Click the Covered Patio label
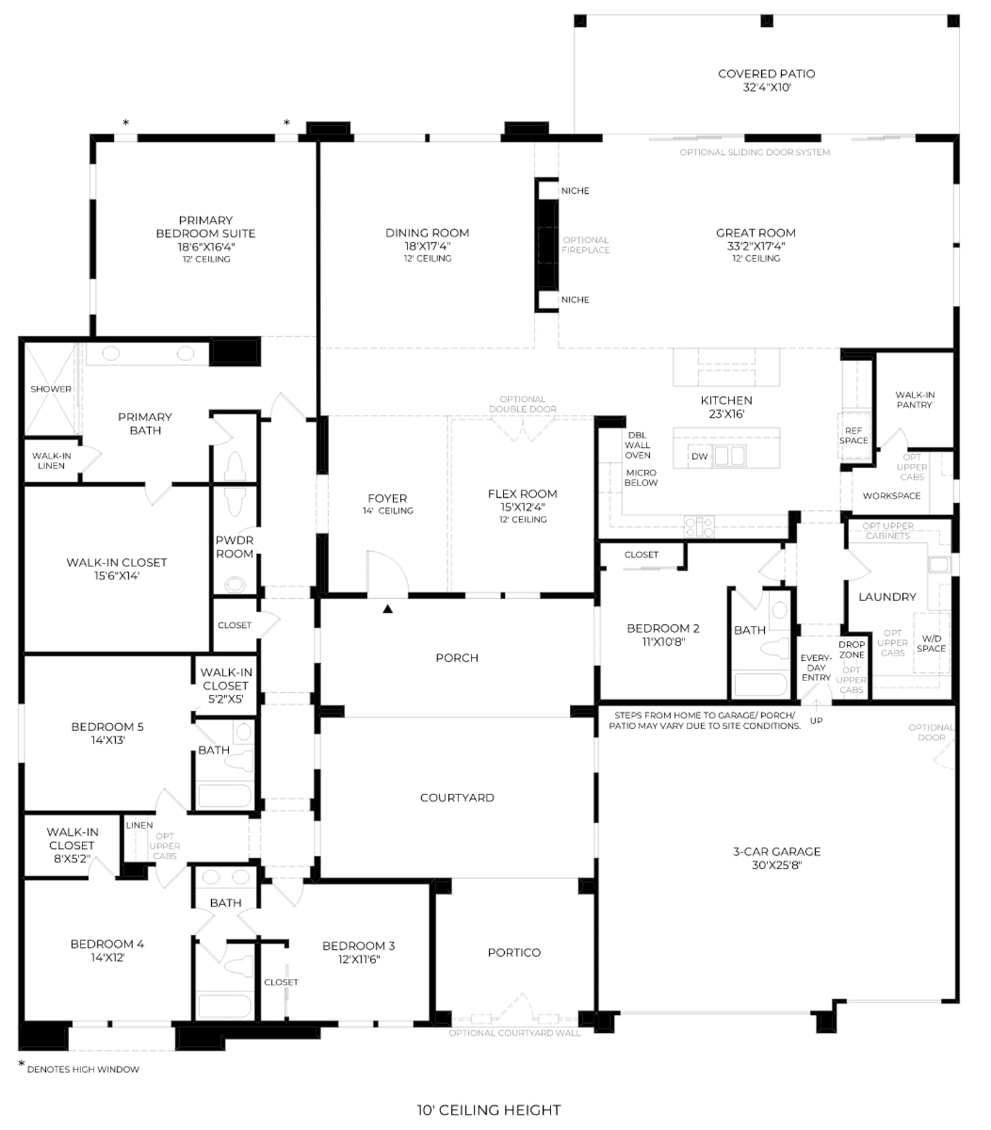pos(766,74)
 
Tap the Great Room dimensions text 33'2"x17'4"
pos(756,246)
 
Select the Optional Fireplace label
pos(586,245)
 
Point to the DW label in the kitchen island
pos(699,456)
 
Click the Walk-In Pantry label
pos(914,399)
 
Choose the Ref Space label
pos(853,435)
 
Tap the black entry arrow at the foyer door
pos(388,609)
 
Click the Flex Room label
pos(522,493)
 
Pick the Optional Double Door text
pos(523,404)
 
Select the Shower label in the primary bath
pos(51,389)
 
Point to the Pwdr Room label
pos(234,547)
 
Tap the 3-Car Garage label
pos(777,851)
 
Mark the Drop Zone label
pos(852,650)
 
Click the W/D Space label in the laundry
pos(931,643)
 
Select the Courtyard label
pos(457,798)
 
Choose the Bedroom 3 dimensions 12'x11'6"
pos(359,959)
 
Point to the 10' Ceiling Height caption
pos(489,1110)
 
